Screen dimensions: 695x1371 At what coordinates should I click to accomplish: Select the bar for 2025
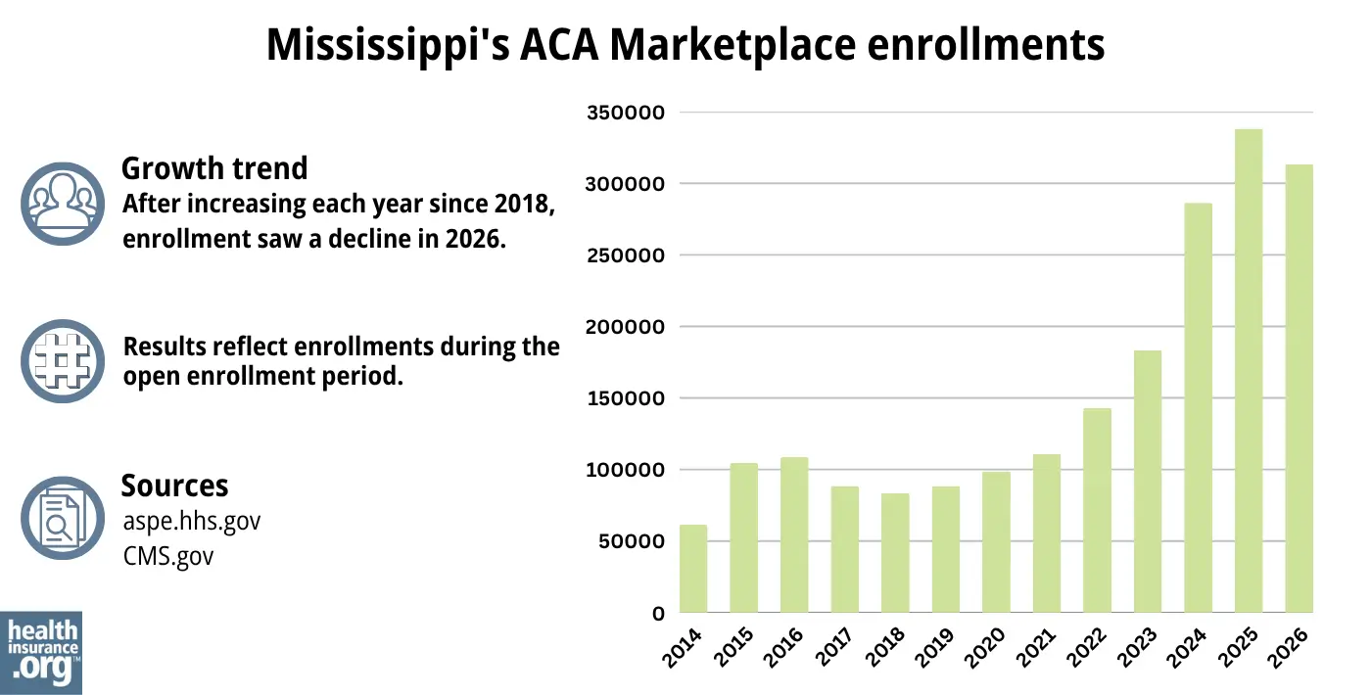[1249, 371]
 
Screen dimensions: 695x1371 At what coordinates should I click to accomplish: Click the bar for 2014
[693, 569]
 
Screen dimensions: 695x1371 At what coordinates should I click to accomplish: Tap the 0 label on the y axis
[659, 614]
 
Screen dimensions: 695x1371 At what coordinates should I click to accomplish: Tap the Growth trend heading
[214, 168]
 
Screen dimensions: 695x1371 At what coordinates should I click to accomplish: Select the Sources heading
[174, 486]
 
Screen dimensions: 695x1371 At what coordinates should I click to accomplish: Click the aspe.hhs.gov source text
[192, 521]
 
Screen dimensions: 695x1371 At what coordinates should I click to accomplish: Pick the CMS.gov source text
[168, 556]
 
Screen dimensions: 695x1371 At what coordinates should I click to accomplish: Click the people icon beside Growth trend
[62, 204]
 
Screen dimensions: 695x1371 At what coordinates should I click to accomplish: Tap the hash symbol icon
[62, 361]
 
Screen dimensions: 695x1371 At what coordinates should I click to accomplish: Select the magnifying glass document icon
[62, 518]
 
